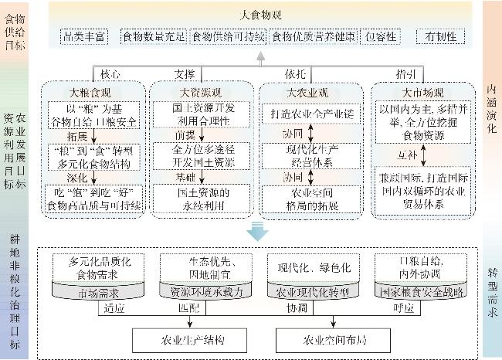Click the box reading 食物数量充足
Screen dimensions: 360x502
tap(154, 36)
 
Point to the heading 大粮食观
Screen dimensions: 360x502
tap(90, 92)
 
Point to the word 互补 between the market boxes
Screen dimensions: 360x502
tap(407, 154)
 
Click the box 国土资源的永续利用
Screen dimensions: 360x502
tap(193, 196)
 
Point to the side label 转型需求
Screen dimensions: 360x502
tap(492, 294)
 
